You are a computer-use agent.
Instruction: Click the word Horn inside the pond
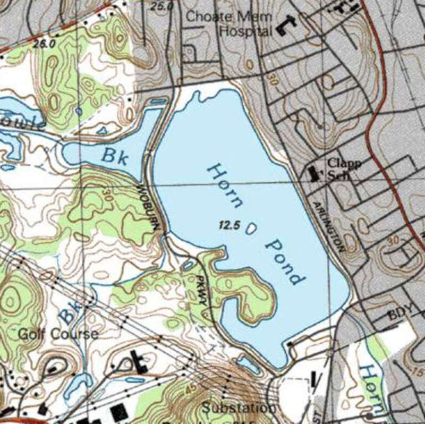(x=225, y=185)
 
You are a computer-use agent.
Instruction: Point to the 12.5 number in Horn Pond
(x=227, y=225)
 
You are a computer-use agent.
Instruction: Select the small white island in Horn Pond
(x=251, y=228)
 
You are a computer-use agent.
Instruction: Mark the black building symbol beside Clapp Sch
(x=314, y=173)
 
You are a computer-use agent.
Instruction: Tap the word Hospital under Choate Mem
(x=245, y=31)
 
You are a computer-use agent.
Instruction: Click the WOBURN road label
(x=148, y=207)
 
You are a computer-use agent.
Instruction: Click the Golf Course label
(x=58, y=334)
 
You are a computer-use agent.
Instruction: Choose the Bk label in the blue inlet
(x=115, y=156)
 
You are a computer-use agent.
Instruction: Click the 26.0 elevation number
(x=44, y=45)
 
